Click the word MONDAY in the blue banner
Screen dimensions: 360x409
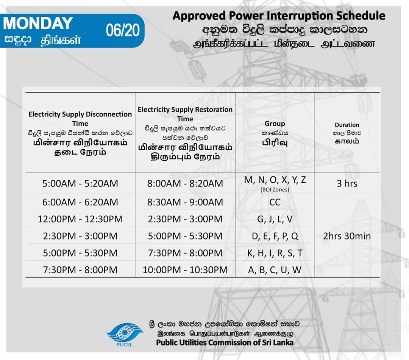(x=38, y=23)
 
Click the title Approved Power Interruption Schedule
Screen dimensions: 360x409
(x=279, y=16)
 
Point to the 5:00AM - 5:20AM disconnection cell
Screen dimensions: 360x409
(x=80, y=183)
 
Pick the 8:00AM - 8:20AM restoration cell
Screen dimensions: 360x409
(x=185, y=183)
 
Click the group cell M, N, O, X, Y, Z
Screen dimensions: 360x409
(x=275, y=180)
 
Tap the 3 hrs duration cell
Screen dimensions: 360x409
(x=347, y=183)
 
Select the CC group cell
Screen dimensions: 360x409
(x=275, y=202)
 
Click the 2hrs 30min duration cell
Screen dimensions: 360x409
(x=347, y=236)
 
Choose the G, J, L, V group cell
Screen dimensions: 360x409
(x=275, y=219)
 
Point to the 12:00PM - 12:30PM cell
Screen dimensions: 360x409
(x=80, y=219)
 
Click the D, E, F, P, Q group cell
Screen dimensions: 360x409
(x=275, y=236)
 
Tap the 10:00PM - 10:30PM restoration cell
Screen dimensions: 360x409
(x=185, y=270)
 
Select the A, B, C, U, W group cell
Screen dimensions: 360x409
(x=275, y=270)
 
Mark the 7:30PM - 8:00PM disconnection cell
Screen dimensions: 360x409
(x=80, y=270)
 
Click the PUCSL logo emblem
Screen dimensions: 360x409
(x=125, y=332)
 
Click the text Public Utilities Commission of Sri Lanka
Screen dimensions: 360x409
(x=225, y=343)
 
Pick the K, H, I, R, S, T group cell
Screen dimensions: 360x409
(x=275, y=253)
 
